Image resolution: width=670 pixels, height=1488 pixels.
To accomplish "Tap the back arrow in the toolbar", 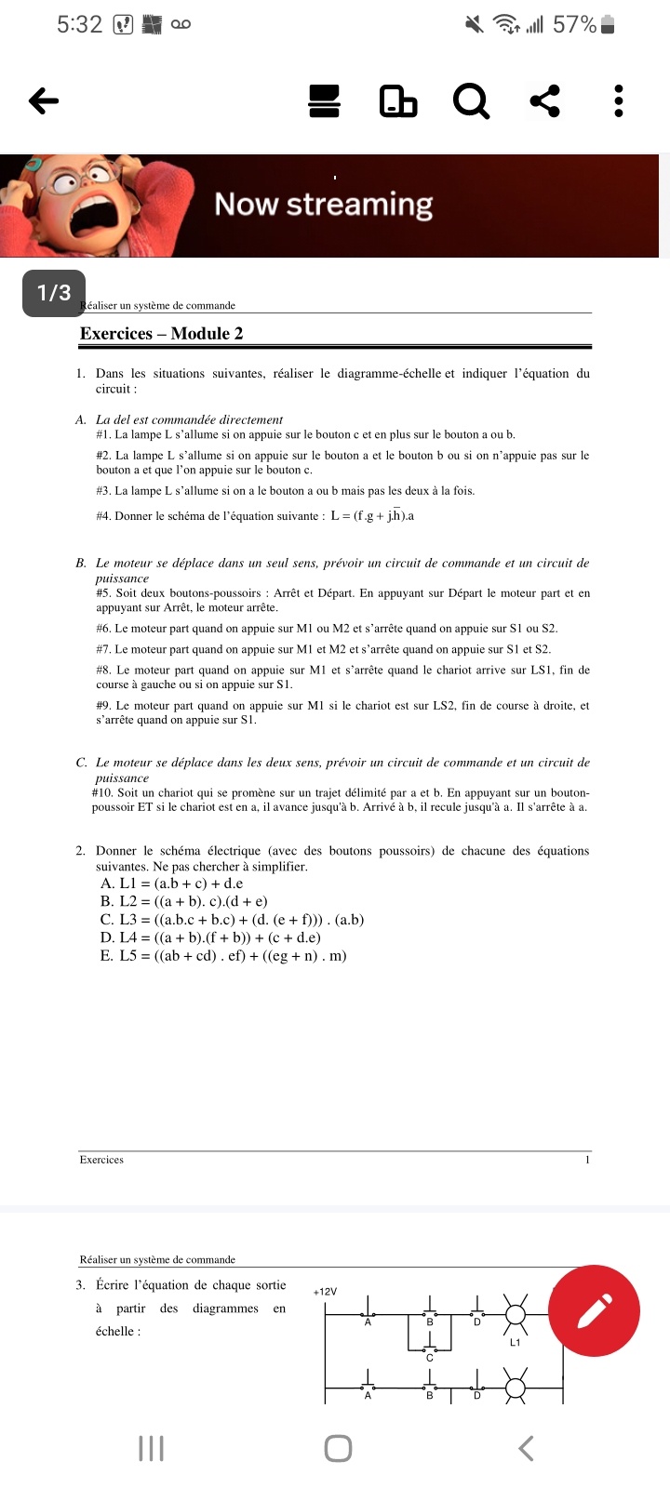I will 44,100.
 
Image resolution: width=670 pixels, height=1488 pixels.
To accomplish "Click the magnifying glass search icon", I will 471,101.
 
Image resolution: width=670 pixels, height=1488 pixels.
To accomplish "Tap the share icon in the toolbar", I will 545,100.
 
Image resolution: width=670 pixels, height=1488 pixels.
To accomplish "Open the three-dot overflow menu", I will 619,100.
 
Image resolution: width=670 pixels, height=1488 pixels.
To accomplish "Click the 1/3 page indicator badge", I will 54,293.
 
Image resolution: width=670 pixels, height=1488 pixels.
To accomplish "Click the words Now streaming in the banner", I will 324,205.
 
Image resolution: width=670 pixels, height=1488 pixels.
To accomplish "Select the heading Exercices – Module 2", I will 162,334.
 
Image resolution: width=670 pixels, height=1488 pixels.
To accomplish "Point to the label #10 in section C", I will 102,793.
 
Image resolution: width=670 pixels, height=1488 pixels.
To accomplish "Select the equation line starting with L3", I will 233,920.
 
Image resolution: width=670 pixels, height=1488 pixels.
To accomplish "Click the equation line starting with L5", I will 223,955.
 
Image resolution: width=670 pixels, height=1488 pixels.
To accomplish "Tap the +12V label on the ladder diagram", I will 325,1292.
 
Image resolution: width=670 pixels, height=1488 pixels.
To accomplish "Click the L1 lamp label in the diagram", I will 516,1342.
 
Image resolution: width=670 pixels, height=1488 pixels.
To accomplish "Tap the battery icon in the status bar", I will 608,25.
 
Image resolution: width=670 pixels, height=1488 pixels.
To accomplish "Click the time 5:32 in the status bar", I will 79,25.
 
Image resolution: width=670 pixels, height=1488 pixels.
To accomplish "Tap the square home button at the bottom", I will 338,1448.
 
